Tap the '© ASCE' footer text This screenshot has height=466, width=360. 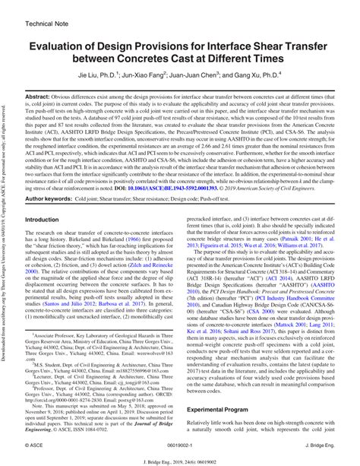pos(35,443)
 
